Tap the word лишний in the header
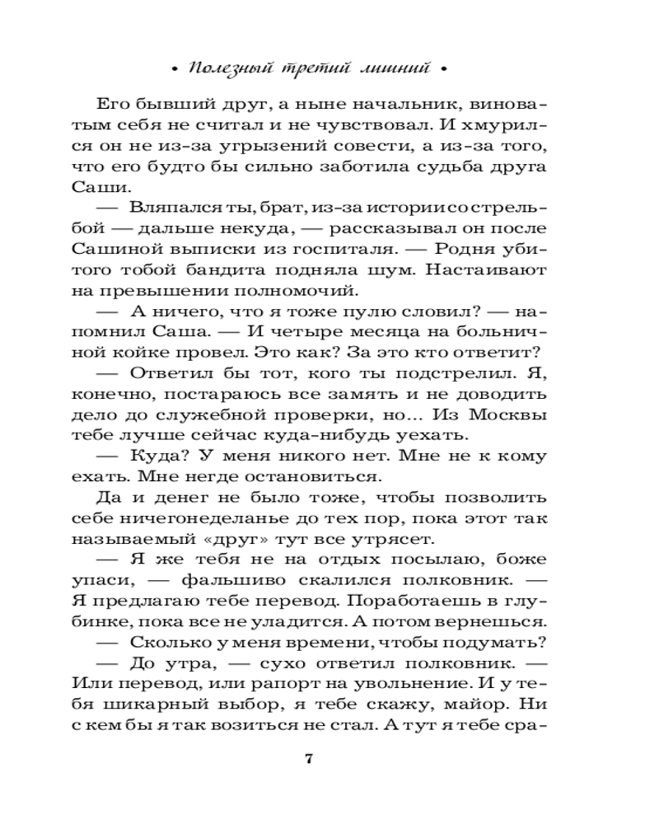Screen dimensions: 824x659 (394, 69)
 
